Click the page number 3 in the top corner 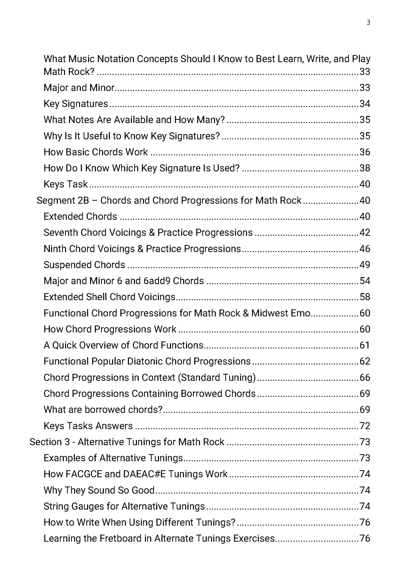368,23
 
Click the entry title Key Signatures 76,104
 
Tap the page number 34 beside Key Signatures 365,104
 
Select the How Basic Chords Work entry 96,152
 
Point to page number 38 365,168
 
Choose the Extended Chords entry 80,216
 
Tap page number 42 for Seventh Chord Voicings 365,232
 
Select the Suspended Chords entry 84,265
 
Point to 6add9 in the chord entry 157,281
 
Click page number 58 365,297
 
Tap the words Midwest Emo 281,313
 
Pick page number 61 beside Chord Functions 365,345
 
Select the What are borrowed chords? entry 103,410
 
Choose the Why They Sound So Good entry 99,490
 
